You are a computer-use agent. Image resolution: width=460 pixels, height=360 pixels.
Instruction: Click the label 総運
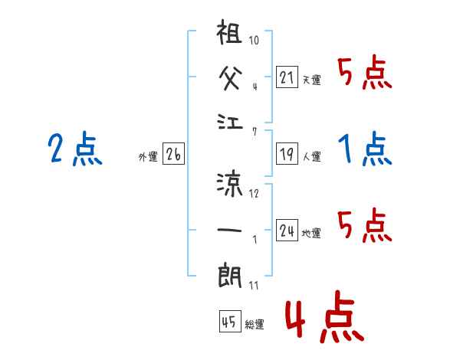tap(254, 324)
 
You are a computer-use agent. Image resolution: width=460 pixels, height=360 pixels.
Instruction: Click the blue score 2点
tap(74, 149)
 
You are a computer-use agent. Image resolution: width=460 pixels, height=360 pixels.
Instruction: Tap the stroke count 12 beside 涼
tap(255, 193)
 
